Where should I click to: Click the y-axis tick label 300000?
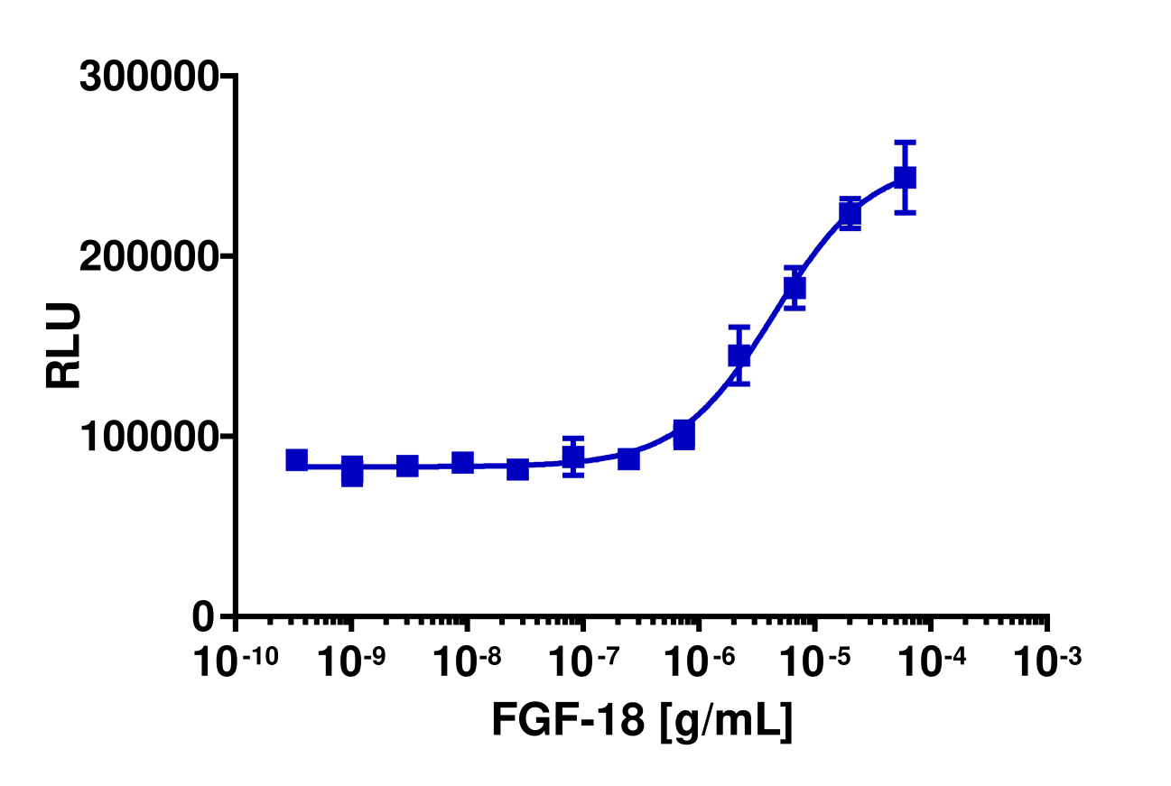coord(148,77)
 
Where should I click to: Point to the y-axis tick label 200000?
coord(148,257)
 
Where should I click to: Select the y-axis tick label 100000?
coord(148,437)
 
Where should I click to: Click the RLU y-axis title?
coord(64,346)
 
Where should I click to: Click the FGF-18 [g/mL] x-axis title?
coord(642,720)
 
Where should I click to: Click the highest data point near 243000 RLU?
coord(905,178)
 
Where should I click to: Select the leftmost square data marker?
coord(297,460)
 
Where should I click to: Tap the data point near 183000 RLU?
coord(795,288)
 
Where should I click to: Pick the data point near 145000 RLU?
coord(739,356)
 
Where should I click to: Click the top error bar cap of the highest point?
coord(905,143)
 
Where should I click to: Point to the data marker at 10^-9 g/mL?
coord(352,470)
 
